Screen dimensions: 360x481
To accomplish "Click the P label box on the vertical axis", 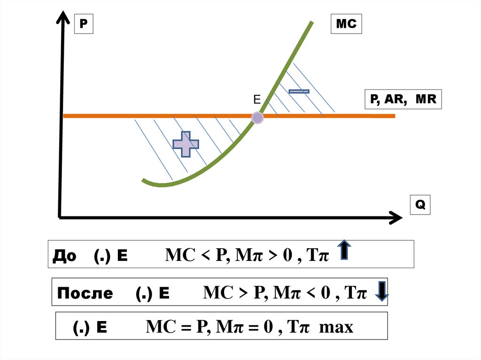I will click(84, 24).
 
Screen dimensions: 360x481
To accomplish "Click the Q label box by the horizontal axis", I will click(420, 205).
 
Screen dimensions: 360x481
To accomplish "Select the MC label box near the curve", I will click(347, 24).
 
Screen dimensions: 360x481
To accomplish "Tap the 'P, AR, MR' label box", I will click(403, 100).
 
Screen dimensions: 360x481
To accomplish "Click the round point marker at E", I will click(257, 118).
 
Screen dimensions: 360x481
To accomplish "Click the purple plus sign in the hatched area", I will click(186, 144).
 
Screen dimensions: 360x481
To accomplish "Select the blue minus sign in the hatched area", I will click(299, 91).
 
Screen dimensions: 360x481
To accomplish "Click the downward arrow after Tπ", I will click(382, 291).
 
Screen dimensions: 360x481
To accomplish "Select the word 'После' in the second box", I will click(85, 294).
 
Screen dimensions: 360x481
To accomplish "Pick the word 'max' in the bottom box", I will click(336, 327).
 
